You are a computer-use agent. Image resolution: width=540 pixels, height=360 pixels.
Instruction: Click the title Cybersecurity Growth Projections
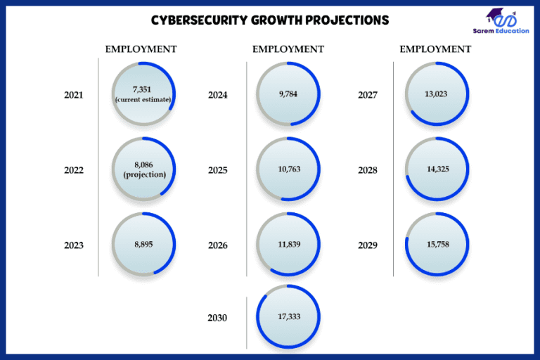pos(270,20)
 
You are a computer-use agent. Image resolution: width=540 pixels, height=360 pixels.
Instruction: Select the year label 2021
pos(74,95)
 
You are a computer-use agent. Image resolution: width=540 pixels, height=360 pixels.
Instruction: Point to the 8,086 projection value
pos(144,165)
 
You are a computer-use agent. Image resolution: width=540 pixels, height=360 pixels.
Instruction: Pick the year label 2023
pos(74,245)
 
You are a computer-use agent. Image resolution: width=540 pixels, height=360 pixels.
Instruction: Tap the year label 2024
pos(218,95)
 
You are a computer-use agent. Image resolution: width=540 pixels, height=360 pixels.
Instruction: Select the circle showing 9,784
pos(289,94)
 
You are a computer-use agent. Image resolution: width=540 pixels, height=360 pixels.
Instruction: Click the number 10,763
pos(289,169)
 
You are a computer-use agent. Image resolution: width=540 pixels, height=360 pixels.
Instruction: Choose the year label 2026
pos(218,245)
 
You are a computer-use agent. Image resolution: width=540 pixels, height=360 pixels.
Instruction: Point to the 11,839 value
pos(289,244)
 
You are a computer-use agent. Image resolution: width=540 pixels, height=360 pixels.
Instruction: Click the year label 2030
pos(218,318)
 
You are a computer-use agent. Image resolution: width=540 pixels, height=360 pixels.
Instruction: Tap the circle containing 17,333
pos(289,317)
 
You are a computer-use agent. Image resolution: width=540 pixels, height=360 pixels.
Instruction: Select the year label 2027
pos(368,95)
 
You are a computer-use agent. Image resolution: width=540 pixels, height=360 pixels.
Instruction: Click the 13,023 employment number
pos(437,94)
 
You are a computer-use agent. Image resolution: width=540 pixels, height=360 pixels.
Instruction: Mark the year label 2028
pos(368,170)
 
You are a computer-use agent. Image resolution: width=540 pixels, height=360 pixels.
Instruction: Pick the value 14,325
pos(437,169)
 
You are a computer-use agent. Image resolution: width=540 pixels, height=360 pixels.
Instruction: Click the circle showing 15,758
pos(437,244)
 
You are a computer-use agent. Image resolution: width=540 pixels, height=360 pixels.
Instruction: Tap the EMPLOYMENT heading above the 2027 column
pos(435,49)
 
